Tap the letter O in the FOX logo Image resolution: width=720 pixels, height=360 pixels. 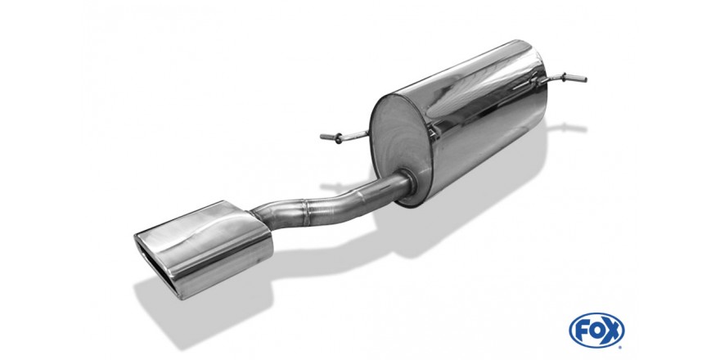click(596, 331)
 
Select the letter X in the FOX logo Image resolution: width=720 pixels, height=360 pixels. click(613, 331)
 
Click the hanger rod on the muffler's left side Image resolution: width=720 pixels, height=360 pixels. click(344, 137)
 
